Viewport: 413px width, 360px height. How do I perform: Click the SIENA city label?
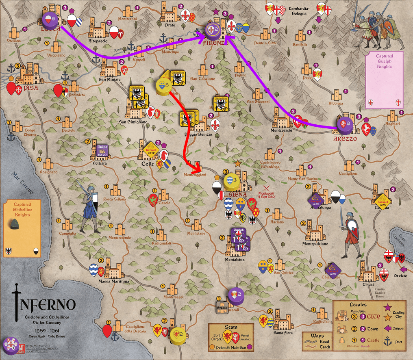pyautogui.click(x=233, y=194)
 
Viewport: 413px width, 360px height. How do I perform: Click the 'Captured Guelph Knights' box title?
pyautogui.click(x=384, y=61)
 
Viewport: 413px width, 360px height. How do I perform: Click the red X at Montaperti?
pyautogui.click(x=267, y=188)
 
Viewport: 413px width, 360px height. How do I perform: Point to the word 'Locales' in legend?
pyautogui.click(x=358, y=304)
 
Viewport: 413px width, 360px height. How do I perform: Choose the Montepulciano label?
pyautogui.click(x=315, y=244)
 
